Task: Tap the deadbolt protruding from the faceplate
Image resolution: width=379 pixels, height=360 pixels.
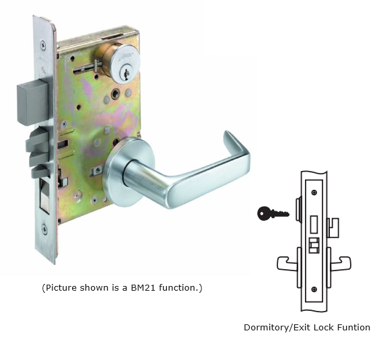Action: [32, 104]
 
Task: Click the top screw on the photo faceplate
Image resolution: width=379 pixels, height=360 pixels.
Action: [43, 44]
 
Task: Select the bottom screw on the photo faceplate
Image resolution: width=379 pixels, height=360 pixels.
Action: [44, 229]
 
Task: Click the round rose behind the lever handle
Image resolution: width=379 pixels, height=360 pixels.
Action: [128, 172]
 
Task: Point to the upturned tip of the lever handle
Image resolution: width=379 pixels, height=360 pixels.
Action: [228, 137]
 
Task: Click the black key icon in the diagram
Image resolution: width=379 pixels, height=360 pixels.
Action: [273, 213]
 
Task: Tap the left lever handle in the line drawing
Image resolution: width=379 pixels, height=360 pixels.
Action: [287, 263]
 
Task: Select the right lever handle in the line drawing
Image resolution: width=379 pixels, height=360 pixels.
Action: [341, 263]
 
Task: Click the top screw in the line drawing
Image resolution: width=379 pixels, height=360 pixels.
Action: [314, 192]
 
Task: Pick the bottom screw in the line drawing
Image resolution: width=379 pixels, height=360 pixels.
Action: [314, 289]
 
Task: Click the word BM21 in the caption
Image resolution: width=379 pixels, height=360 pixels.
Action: [143, 287]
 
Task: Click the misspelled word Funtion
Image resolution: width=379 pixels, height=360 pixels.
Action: [353, 328]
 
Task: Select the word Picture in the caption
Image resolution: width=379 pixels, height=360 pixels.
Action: [61, 287]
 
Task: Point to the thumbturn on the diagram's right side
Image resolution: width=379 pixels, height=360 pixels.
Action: [333, 227]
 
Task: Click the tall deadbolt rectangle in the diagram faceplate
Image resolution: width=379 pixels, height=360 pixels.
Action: [314, 225]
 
